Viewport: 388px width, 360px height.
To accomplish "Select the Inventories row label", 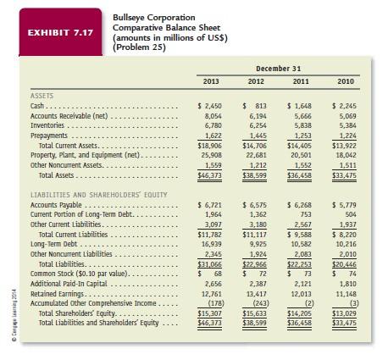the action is pyautogui.click(x=49, y=123).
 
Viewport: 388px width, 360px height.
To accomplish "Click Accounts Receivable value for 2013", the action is pyautogui.click(x=212, y=114).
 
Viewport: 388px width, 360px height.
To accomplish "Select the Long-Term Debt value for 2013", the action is pyautogui.click(x=212, y=243).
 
